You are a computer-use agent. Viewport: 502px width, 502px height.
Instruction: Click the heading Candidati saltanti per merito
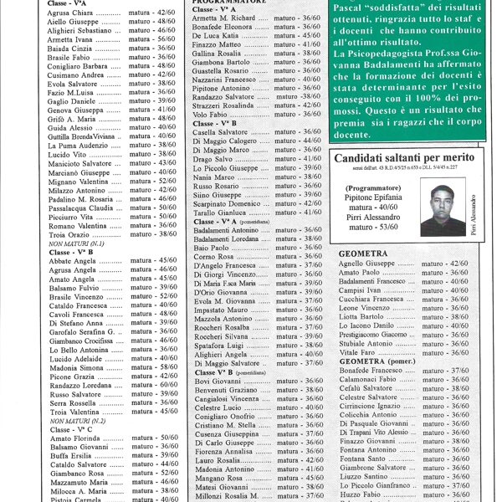403,157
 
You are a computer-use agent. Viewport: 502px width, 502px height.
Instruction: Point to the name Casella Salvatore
220,132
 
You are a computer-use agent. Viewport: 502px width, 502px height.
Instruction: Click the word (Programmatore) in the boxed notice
371,189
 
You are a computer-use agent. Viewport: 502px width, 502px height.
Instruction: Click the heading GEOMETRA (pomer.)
380,361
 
